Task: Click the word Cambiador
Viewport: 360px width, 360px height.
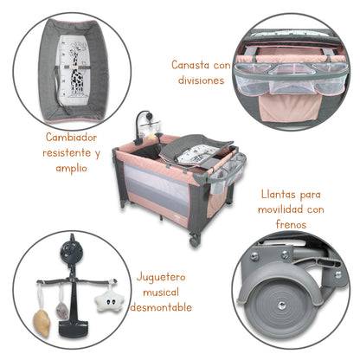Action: (x=74, y=137)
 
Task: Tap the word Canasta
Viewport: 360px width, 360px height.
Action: (x=189, y=65)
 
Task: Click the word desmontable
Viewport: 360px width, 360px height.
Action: (x=164, y=307)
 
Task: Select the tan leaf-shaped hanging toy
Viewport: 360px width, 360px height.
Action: (x=37, y=322)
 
